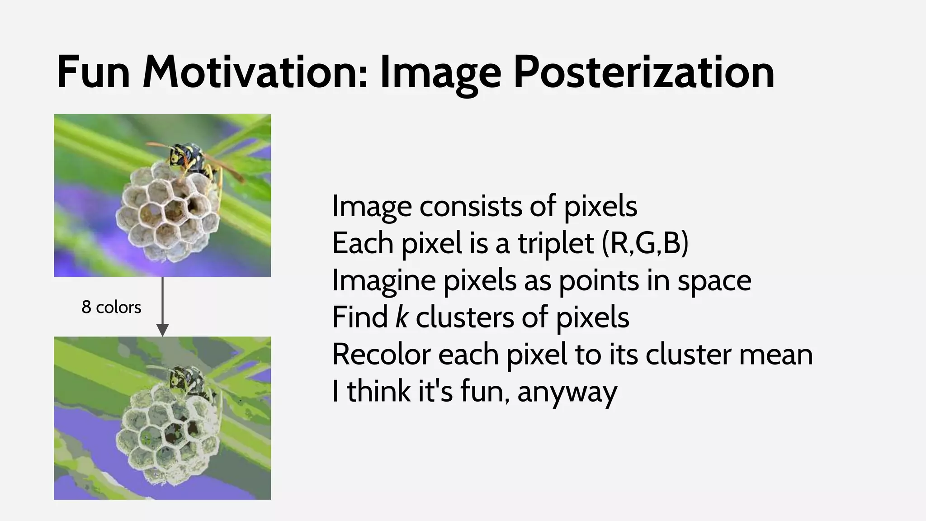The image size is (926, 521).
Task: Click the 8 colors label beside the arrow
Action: click(x=111, y=308)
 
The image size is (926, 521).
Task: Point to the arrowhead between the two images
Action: click(x=162, y=330)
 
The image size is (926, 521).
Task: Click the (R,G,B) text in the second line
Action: click(x=645, y=243)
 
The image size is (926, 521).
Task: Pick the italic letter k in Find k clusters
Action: click(x=402, y=317)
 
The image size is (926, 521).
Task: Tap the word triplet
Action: click(x=555, y=243)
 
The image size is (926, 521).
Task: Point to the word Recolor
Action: click(x=381, y=354)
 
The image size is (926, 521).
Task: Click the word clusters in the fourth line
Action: click(x=464, y=317)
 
